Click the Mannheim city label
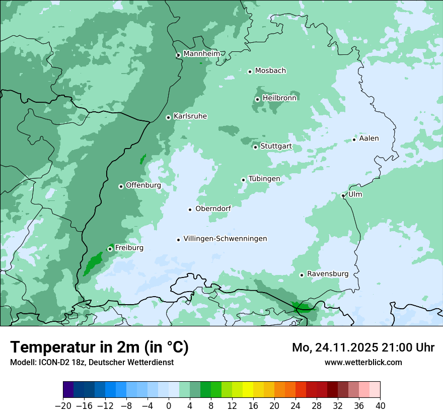tap(201, 53)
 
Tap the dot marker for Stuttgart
tap(255, 147)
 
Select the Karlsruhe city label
tap(190, 116)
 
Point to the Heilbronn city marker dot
tap(257, 99)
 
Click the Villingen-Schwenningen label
tap(225, 239)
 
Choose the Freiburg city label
tap(129, 248)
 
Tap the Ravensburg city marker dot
tap(302, 275)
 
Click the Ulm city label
tap(355, 194)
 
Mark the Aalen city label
tap(368, 138)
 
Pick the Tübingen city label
tap(264, 179)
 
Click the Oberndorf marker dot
tap(190, 210)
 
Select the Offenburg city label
tap(143, 185)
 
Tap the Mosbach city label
tap(270, 71)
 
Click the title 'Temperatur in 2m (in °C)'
tap(99, 347)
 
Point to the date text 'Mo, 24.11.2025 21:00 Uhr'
tap(363, 347)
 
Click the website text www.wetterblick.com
tap(363, 362)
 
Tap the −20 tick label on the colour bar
tap(63, 406)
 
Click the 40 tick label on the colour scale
tap(380, 406)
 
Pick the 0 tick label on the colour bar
tap(169, 406)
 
